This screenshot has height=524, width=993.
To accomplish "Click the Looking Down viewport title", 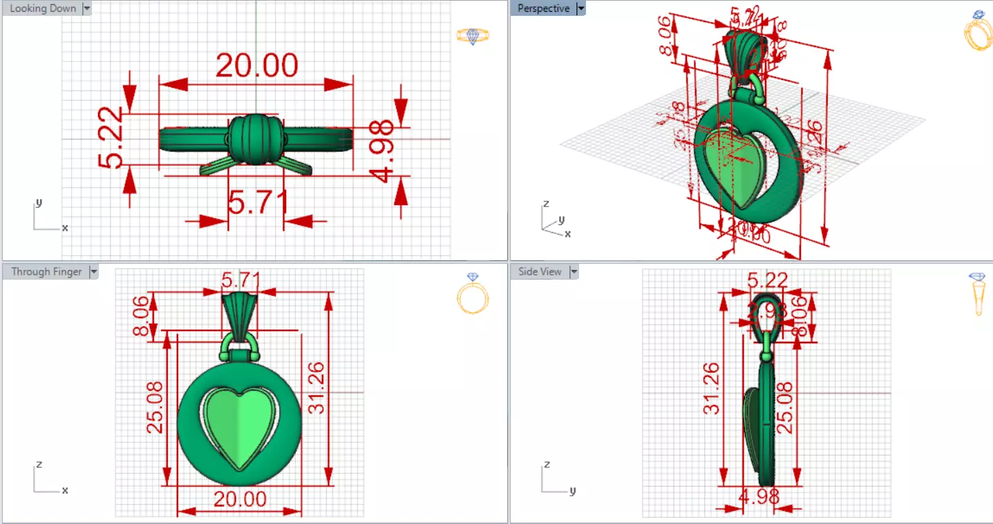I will [43, 9].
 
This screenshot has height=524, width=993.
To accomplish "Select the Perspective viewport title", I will [543, 9].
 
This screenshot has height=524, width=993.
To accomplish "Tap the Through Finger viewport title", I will [46, 272].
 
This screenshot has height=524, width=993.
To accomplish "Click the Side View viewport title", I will [540, 272].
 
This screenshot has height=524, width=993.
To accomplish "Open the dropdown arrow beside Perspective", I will [581, 9].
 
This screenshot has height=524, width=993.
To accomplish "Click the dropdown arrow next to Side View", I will [574, 272].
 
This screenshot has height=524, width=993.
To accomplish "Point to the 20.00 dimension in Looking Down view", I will [256, 66].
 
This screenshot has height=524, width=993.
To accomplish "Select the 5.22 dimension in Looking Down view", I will [111, 139].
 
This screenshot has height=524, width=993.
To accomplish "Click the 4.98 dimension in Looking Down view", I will [382, 151].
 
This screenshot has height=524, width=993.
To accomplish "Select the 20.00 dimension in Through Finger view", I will [240, 499].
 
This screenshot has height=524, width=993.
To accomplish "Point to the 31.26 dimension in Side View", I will [711, 389].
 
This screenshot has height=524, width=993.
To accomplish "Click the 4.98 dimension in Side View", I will [759, 496].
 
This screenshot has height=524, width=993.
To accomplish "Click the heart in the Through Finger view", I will [239, 427].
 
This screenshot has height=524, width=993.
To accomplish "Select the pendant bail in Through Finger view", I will [240, 314].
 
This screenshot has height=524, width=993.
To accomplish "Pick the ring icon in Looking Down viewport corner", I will [473, 36].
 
